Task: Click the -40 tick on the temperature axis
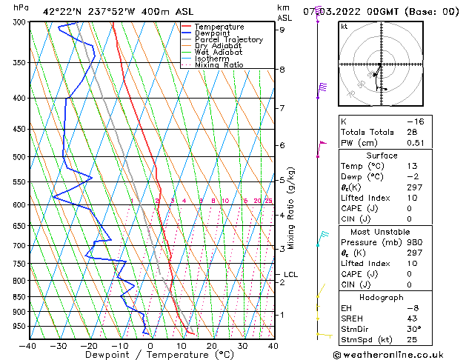point(28,345)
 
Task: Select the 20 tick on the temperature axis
point(212,345)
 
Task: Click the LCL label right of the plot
point(290,275)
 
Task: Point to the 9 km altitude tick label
point(282,30)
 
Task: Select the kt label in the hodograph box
point(344,26)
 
